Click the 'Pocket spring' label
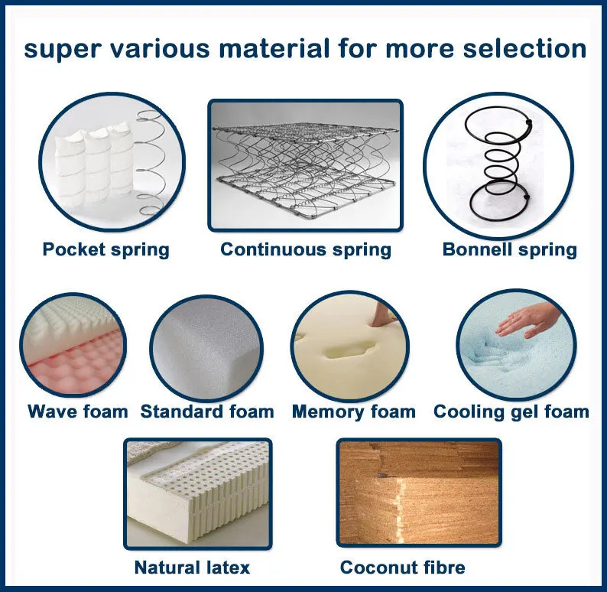click(x=105, y=250)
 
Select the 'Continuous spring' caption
click(x=306, y=250)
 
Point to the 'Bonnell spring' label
click(x=509, y=250)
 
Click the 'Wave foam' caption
click(x=78, y=411)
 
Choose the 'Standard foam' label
click(x=207, y=411)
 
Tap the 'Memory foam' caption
click(x=354, y=411)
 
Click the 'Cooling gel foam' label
click(x=511, y=412)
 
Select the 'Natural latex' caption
click(x=192, y=568)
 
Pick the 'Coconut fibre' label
click(x=403, y=568)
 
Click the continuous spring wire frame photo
click(x=306, y=165)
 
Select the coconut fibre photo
click(x=419, y=493)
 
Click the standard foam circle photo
click(x=206, y=349)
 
